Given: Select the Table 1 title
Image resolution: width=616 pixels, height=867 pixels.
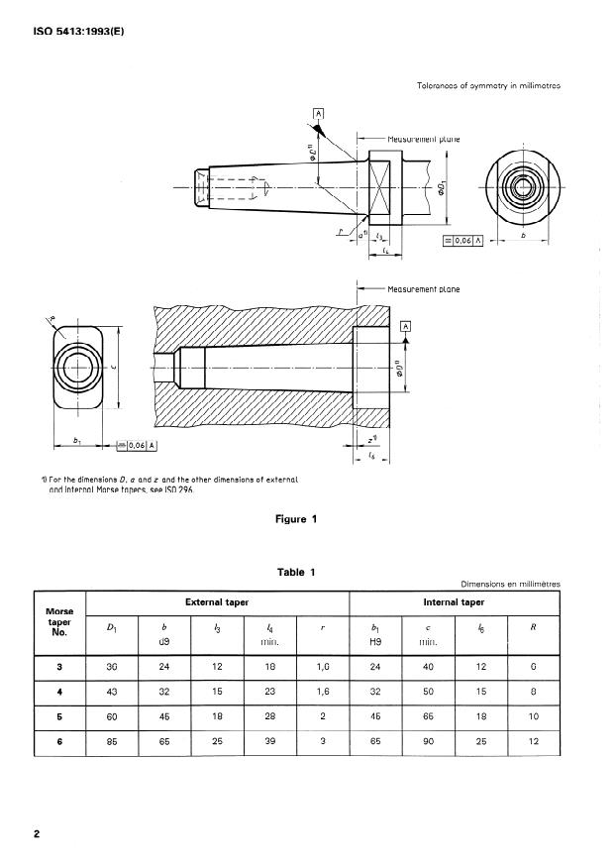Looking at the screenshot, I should [x=296, y=572].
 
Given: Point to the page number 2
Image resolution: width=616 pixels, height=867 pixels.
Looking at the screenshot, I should [x=37, y=834].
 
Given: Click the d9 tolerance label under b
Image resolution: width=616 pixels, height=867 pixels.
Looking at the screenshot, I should [x=165, y=642].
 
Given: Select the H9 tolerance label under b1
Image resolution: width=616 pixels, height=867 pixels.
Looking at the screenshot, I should [x=374, y=642].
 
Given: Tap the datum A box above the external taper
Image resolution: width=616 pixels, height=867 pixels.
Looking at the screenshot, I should [x=319, y=113].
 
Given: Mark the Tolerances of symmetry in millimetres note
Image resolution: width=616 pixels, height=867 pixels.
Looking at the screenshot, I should [x=489, y=85].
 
